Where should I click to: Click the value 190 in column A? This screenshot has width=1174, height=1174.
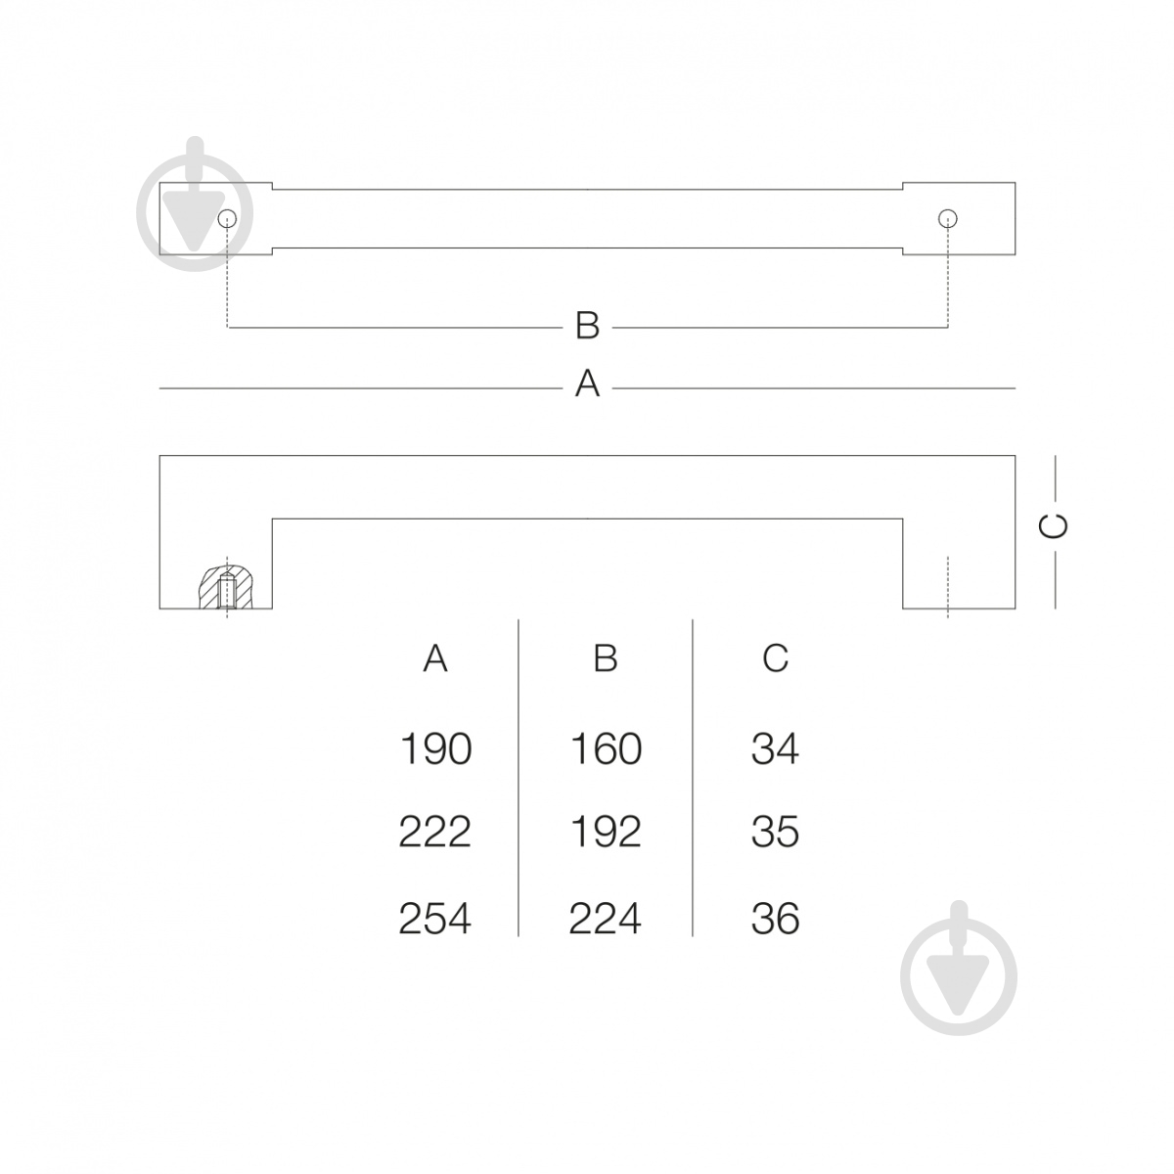click(x=435, y=748)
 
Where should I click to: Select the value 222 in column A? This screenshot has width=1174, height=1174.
click(x=434, y=832)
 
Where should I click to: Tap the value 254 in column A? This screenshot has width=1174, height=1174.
click(x=434, y=918)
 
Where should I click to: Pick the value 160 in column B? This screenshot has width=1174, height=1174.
click(x=606, y=748)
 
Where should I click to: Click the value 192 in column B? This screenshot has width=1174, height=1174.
click(x=606, y=832)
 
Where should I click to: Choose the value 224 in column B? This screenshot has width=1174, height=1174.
click(x=605, y=918)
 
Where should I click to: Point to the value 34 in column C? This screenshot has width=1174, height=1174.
click(x=775, y=748)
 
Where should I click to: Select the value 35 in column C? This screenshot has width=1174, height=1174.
click(x=775, y=832)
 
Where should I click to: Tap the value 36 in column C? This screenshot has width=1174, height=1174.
click(x=775, y=918)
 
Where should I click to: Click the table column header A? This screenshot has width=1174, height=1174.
click(x=435, y=658)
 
